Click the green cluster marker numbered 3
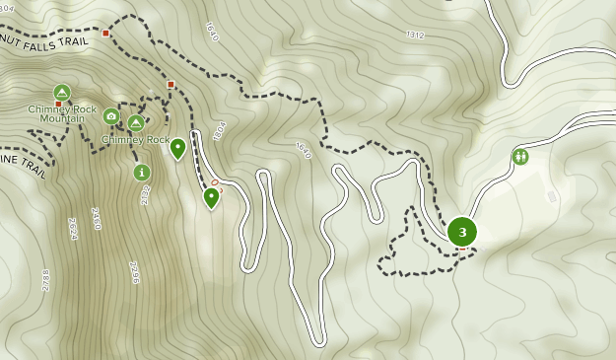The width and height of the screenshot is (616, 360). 462,232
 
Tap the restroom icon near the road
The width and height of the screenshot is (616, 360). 520,156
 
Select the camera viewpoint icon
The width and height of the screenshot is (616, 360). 111,117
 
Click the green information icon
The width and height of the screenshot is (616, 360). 142,173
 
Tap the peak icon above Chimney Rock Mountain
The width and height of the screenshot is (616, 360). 62,93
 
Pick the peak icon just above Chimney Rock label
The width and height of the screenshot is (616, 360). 136,123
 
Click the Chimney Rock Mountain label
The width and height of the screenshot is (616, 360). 62,113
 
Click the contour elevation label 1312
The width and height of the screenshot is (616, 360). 415,36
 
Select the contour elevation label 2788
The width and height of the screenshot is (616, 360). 45,280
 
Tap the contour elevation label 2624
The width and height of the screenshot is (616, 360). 72,230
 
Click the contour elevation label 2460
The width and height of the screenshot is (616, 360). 96,218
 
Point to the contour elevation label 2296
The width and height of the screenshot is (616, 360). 134,272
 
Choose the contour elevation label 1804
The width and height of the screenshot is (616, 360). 219,132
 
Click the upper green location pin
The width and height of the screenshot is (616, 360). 177,148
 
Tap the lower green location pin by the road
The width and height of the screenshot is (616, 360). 211,197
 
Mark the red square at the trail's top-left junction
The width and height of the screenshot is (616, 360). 106,34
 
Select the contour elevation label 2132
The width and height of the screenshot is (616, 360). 145,194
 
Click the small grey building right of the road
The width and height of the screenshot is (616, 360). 552,196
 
